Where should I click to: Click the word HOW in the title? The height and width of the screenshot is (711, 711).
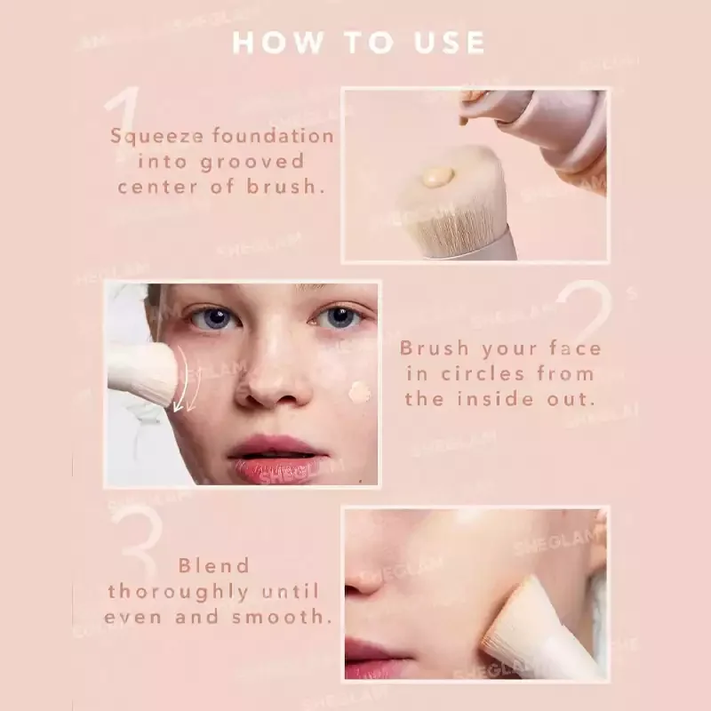click(277, 43)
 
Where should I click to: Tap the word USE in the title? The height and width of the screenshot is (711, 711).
click(450, 43)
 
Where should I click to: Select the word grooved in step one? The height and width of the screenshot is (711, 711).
click(252, 163)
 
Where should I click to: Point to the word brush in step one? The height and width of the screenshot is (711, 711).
click(286, 186)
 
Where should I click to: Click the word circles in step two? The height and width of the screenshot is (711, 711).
click(483, 374)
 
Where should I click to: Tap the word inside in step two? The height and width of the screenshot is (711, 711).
click(495, 399)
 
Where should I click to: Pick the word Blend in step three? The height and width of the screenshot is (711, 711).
click(214, 565)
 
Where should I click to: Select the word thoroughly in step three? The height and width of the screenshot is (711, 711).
click(179, 592)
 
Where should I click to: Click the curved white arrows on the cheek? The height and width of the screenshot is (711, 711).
click(186, 381)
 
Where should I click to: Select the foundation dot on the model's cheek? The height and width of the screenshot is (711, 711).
click(359, 392)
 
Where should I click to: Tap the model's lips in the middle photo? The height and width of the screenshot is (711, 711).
click(276, 458)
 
